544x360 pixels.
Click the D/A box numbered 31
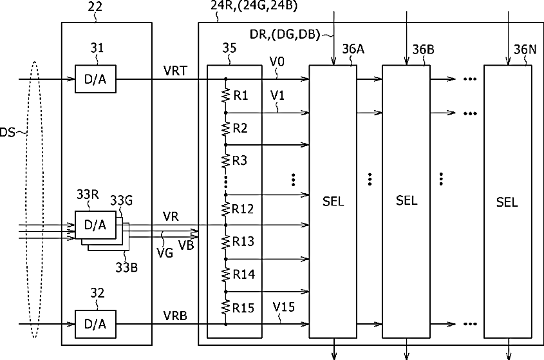[95, 79]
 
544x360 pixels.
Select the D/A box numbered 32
[95, 324]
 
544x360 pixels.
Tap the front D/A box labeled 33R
[95, 225]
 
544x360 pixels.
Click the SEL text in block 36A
[333, 202]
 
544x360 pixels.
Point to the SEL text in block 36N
[507, 202]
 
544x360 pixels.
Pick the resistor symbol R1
[225, 95]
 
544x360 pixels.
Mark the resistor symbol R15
[225, 307]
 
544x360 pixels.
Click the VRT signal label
[175, 71]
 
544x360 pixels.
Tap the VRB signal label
[175, 316]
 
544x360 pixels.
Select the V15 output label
[283, 307]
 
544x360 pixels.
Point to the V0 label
[277, 62]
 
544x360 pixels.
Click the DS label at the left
[7, 132]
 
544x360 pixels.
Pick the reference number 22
[95, 6]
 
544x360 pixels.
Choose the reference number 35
[229, 48]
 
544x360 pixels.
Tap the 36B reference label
[423, 50]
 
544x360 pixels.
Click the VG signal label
[165, 252]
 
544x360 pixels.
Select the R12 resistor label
[243, 209]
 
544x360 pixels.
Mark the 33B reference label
[127, 267]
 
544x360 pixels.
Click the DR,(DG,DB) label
[285, 35]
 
